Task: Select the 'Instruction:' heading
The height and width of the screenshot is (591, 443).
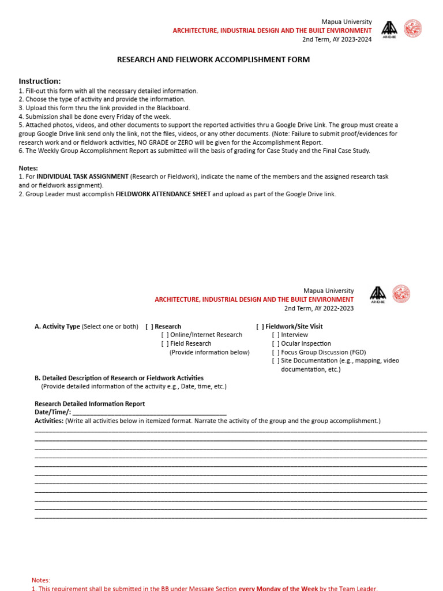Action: (40, 81)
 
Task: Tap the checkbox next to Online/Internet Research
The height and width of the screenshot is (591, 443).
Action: (165, 335)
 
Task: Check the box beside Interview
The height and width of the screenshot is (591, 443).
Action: (276, 335)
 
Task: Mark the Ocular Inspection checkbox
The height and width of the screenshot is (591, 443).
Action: (276, 343)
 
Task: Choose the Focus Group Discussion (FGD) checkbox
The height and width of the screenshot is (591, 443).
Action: (276, 352)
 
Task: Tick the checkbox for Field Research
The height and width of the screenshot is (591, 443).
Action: (165, 343)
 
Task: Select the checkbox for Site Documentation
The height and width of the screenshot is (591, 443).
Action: (276, 361)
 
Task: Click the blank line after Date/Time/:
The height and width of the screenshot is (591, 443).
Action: (149, 413)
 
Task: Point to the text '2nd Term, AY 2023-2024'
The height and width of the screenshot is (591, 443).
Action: (337, 39)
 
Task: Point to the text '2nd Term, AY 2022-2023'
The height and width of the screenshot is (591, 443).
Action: (319, 308)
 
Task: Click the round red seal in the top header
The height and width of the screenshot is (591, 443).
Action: (412, 29)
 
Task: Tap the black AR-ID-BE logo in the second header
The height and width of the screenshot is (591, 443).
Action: (378, 294)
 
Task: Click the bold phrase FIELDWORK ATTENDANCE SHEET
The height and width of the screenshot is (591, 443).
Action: (163, 194)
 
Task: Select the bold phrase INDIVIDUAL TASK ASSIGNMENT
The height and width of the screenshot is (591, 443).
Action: (82, 177)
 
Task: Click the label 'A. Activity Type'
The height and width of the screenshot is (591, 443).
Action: (57, 327)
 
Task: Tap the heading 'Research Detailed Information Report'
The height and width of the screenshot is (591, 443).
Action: (89, 404)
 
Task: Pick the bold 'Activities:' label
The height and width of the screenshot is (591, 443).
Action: (49, 421)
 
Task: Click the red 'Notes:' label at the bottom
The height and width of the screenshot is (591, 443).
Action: (41, 580)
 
